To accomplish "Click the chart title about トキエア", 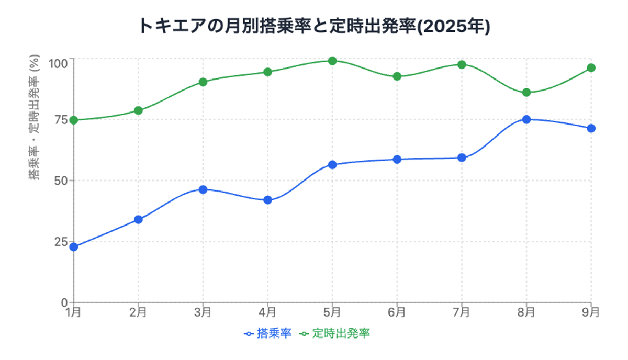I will click(x=314, y=26).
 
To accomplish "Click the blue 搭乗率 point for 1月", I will click(x=74, y=246).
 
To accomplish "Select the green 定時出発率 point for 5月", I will click(x=332, y=61).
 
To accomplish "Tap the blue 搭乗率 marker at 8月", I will click(x=526, y=119).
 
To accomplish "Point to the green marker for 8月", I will click(x=526, y=93).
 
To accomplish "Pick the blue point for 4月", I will click(x=268, y=200).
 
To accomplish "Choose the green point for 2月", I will click(x=138, y=110).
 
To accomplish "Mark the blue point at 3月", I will click(x=203, y=189).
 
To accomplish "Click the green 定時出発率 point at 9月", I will click(x=591, y=68).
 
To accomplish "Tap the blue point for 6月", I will click(x=397, y=159).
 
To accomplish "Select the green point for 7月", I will click(x=462, y=64).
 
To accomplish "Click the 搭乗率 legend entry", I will click(x=267, y=333).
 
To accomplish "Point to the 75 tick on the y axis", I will click(x=61, y=119).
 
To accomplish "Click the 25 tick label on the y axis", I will click(x=61, y=241).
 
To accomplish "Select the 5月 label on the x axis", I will click(x=332, y=312).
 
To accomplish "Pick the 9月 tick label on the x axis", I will click(x=591, y=312).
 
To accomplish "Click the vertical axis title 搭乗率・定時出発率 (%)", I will click(x=34, y=119).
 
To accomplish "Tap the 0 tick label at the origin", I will click(x=64, y=302).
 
